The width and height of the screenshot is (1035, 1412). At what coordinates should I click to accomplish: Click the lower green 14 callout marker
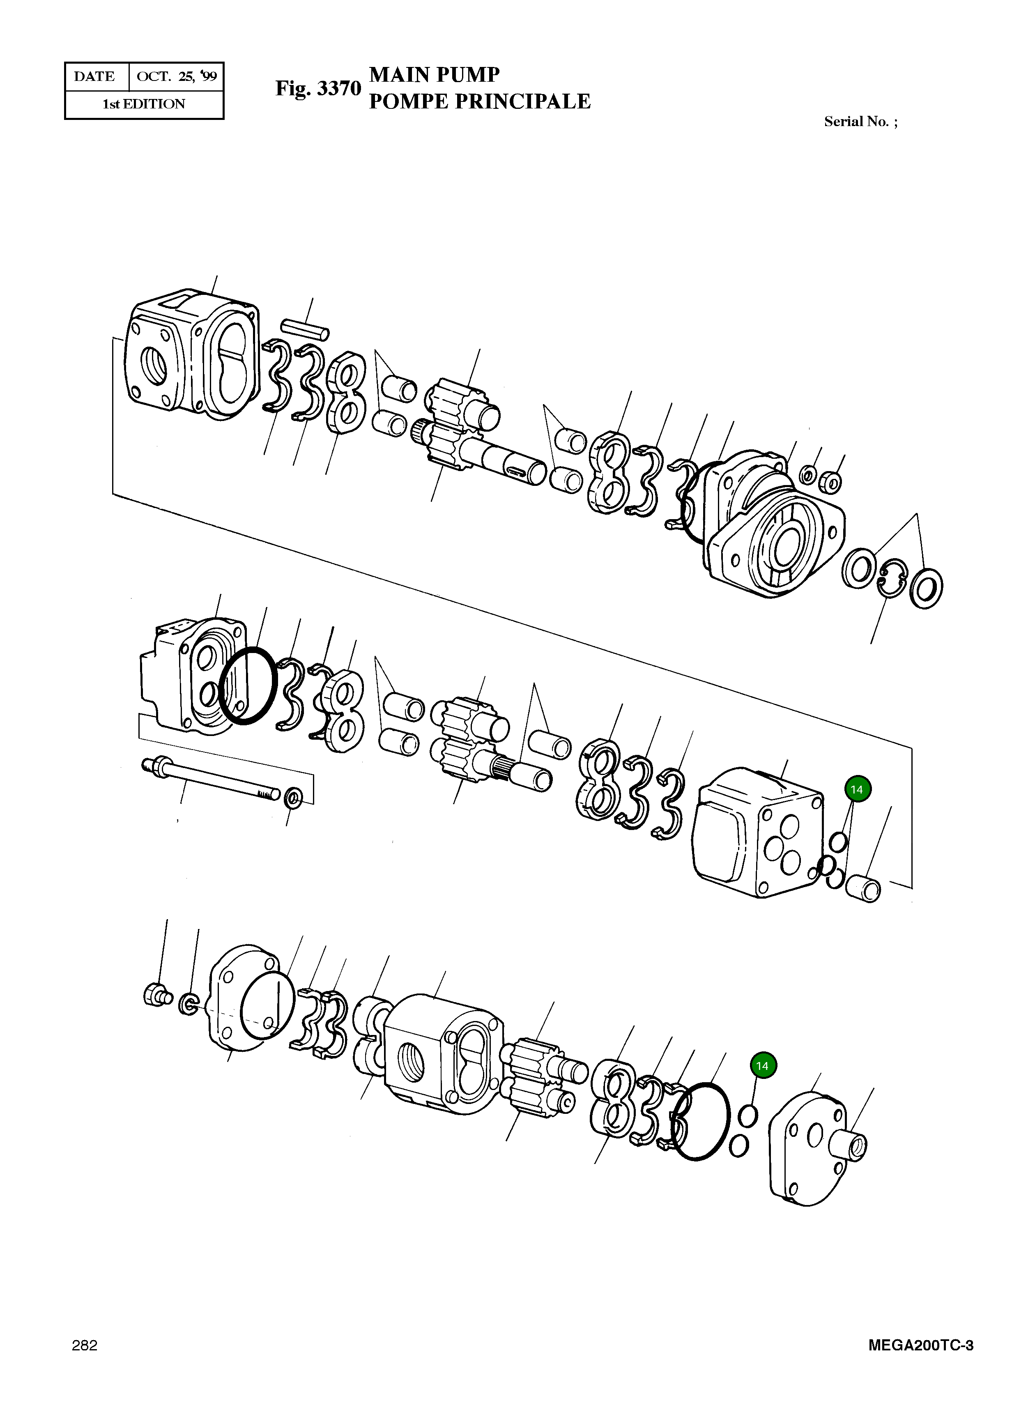click(762, 1066)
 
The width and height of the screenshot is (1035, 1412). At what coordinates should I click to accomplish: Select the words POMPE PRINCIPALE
click(479, 101)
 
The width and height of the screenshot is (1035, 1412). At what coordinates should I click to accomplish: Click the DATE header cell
click(94, 76)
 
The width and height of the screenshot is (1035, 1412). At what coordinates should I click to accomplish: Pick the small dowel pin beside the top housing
click(305, 328)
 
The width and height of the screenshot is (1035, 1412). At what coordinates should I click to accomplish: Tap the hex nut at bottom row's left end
click(154, 995)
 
